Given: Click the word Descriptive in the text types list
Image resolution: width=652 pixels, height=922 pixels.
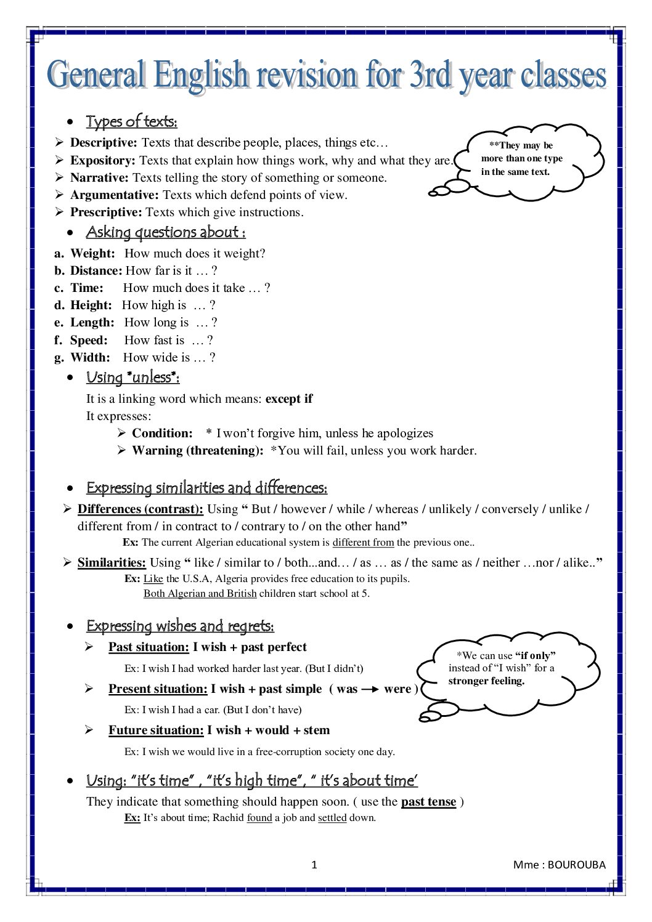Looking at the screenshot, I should coord(103,143).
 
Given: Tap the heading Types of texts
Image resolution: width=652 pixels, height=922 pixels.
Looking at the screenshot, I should coord(131,121).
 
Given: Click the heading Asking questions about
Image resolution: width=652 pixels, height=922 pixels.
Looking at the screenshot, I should coord(165,232).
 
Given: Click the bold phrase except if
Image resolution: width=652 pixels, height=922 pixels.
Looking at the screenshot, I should coord(289,398).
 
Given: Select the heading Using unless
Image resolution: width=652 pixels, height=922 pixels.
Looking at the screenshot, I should coord(132,377).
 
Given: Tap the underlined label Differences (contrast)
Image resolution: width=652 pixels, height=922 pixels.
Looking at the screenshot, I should coord(140,509).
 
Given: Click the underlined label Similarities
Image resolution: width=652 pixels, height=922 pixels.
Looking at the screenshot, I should coord(112,562).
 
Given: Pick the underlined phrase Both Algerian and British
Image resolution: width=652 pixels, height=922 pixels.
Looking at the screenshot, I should coord(200,594).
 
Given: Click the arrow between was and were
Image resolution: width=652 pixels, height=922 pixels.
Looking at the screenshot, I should coord(370,690).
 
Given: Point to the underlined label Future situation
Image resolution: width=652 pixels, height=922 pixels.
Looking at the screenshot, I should coord(156,730).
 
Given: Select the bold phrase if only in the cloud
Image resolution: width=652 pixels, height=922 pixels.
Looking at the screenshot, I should coord(535,655).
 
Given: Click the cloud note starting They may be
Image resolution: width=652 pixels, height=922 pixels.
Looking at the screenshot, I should coord(522,158).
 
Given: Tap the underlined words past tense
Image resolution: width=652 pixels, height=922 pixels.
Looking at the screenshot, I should coord(428,802).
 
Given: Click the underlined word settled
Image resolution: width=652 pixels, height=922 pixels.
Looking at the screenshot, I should coord(332,818).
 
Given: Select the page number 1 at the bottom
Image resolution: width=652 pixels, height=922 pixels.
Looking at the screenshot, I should coord(314,865).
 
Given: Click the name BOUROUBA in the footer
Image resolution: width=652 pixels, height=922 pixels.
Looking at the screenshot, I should coord(576,865).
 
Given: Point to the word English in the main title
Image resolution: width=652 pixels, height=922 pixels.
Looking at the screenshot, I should coord(200,76).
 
